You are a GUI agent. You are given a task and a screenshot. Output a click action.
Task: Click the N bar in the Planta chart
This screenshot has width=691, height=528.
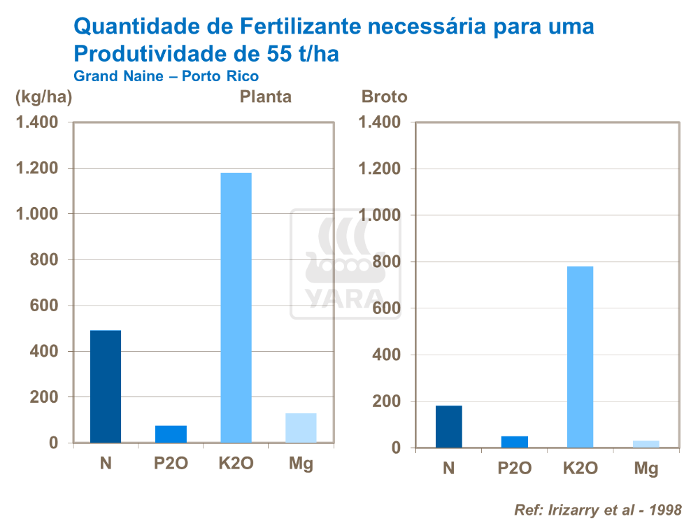coord(106,386)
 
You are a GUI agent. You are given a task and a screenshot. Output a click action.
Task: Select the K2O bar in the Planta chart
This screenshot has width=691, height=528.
coord(236,308)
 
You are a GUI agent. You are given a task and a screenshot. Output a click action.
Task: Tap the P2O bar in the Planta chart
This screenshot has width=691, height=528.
coord(171,434)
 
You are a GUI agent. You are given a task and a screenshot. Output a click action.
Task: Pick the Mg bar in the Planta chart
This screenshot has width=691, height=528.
coord(301,427)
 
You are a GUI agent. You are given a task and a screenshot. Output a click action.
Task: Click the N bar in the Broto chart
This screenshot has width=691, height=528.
coord(448,426)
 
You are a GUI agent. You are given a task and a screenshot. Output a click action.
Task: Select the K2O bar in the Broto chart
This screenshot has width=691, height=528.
coord(580,357)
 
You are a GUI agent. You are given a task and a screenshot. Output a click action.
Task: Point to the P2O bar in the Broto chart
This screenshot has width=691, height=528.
coord(514,441)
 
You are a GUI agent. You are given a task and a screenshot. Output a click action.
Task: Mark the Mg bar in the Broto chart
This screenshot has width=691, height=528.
coord(646,443)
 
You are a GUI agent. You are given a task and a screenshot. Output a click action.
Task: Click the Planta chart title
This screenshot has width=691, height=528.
coord(266,97)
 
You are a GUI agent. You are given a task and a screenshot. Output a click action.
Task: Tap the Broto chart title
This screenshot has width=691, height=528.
coord(384,97)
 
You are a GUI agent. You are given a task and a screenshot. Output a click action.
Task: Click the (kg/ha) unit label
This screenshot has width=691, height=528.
coord(44,97)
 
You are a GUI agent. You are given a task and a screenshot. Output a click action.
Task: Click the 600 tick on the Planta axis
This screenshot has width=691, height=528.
coord(46,306)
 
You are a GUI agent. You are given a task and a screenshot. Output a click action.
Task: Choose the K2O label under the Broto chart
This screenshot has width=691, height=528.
coord(580,469)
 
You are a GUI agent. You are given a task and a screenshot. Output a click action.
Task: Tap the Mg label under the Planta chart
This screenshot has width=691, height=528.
coord(301,464)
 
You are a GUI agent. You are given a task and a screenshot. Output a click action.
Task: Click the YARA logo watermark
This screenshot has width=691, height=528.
coord(345,264)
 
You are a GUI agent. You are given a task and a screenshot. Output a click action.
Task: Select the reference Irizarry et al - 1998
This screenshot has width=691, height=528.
coord(597,508)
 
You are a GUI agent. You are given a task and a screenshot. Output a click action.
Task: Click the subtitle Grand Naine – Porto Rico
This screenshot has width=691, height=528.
coord(166,76)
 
